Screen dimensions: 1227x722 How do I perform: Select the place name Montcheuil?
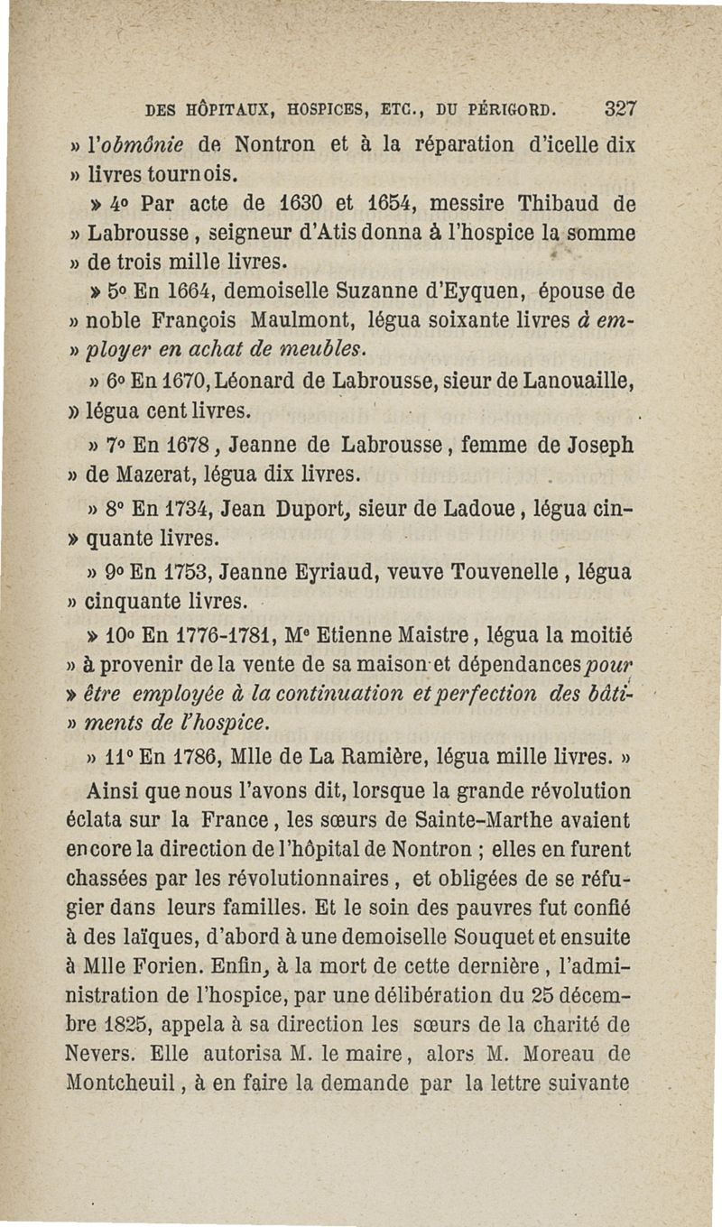[x=117, y=1081]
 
